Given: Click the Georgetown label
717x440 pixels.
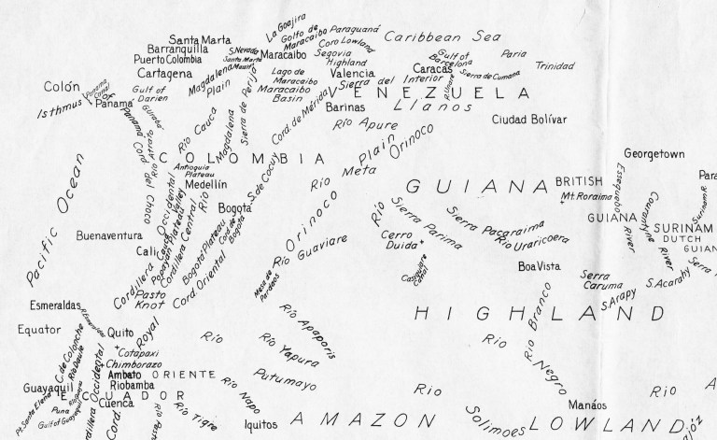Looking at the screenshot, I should (x=654, y=152).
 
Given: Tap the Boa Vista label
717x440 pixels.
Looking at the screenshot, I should (x=539, y=266).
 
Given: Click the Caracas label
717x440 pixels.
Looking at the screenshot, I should (x=432, y=69).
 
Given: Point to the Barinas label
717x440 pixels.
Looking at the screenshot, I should (x=350, y=107).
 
